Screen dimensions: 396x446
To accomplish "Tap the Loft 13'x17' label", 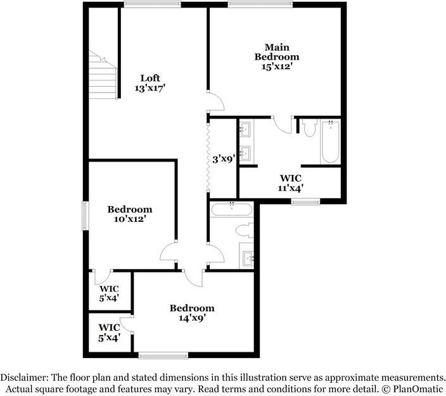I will (150, 84).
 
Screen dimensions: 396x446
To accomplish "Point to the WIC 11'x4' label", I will (291, 182).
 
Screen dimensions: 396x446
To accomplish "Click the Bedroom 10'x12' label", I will (129, 214).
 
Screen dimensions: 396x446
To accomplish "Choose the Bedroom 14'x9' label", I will (191, 313).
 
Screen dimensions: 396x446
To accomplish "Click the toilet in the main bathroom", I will (309, 129).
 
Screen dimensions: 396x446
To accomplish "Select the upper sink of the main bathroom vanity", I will (246, 130).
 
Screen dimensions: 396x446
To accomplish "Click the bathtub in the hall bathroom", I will (232, 210).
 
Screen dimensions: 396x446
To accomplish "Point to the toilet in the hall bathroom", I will (244, 229).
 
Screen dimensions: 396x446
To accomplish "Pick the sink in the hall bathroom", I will (248, 258).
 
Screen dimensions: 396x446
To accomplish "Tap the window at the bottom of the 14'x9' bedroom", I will (163, 355).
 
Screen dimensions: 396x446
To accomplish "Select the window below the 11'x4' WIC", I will (305, 201).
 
